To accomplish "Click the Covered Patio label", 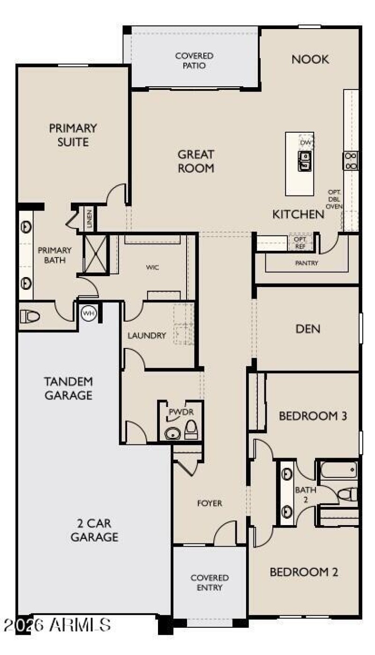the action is (194, 60).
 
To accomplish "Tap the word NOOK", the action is (310, 60).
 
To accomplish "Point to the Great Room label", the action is (196, 161).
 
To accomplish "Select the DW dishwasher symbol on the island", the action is (306, 142).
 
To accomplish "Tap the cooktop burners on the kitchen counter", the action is (351, 160).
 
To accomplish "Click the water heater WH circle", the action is (89, 313).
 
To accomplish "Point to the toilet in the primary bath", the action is (30, 316).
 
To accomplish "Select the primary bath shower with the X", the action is (95, 254).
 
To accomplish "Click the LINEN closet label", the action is (90, 218).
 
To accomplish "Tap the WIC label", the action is (152, 267).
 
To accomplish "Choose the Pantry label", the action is (307, 263).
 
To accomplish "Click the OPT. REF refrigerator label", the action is (300, 243).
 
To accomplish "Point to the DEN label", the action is (308, 329).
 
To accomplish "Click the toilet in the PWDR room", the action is (191, 429).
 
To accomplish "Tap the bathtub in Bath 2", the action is (339, 470).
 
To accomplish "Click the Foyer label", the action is (210, 503).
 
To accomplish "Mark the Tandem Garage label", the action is (69, 388).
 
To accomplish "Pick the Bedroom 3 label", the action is (313, 415).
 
